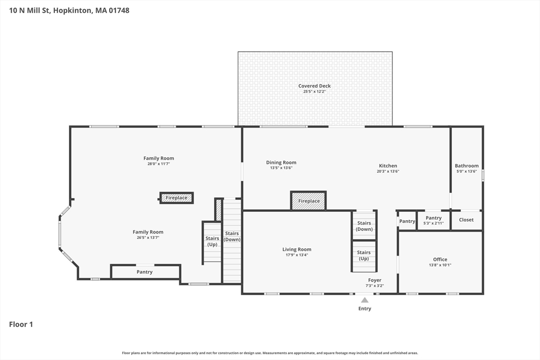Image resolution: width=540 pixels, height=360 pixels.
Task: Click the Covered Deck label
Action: point(314,86)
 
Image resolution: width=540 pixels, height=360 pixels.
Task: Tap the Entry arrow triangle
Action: point(365,300)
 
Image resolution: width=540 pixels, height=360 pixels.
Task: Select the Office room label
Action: point(440,259)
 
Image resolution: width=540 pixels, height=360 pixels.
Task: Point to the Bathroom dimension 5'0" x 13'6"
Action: point(467,171)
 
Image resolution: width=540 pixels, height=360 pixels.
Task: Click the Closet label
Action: point(466,220)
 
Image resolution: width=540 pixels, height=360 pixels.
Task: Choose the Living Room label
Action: point(297,249)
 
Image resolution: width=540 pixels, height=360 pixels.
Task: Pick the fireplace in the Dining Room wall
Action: point(308,201)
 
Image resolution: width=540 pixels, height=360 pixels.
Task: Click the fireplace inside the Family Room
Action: point(177,198)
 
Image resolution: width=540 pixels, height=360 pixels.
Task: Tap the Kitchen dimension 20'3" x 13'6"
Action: point(388,171)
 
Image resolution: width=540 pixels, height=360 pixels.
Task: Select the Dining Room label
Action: point(281,162)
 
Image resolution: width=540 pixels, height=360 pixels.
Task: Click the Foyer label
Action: point(375,280)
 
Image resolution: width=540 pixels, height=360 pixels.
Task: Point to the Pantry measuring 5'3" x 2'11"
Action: point(433,220)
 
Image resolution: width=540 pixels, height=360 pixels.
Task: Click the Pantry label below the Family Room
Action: point(144,272)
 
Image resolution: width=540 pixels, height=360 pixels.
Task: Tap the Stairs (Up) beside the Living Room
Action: point(364,256)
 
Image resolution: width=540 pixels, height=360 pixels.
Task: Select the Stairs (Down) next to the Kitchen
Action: point(364,226)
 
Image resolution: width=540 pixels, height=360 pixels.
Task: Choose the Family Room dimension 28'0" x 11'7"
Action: point(159,164)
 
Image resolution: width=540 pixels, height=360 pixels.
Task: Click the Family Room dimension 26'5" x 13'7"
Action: point(148,238)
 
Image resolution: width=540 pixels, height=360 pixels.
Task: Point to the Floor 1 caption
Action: point(21,324)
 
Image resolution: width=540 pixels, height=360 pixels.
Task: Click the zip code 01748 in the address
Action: point(119,11)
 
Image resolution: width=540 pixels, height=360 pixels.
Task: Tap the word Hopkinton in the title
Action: point(73,11)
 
